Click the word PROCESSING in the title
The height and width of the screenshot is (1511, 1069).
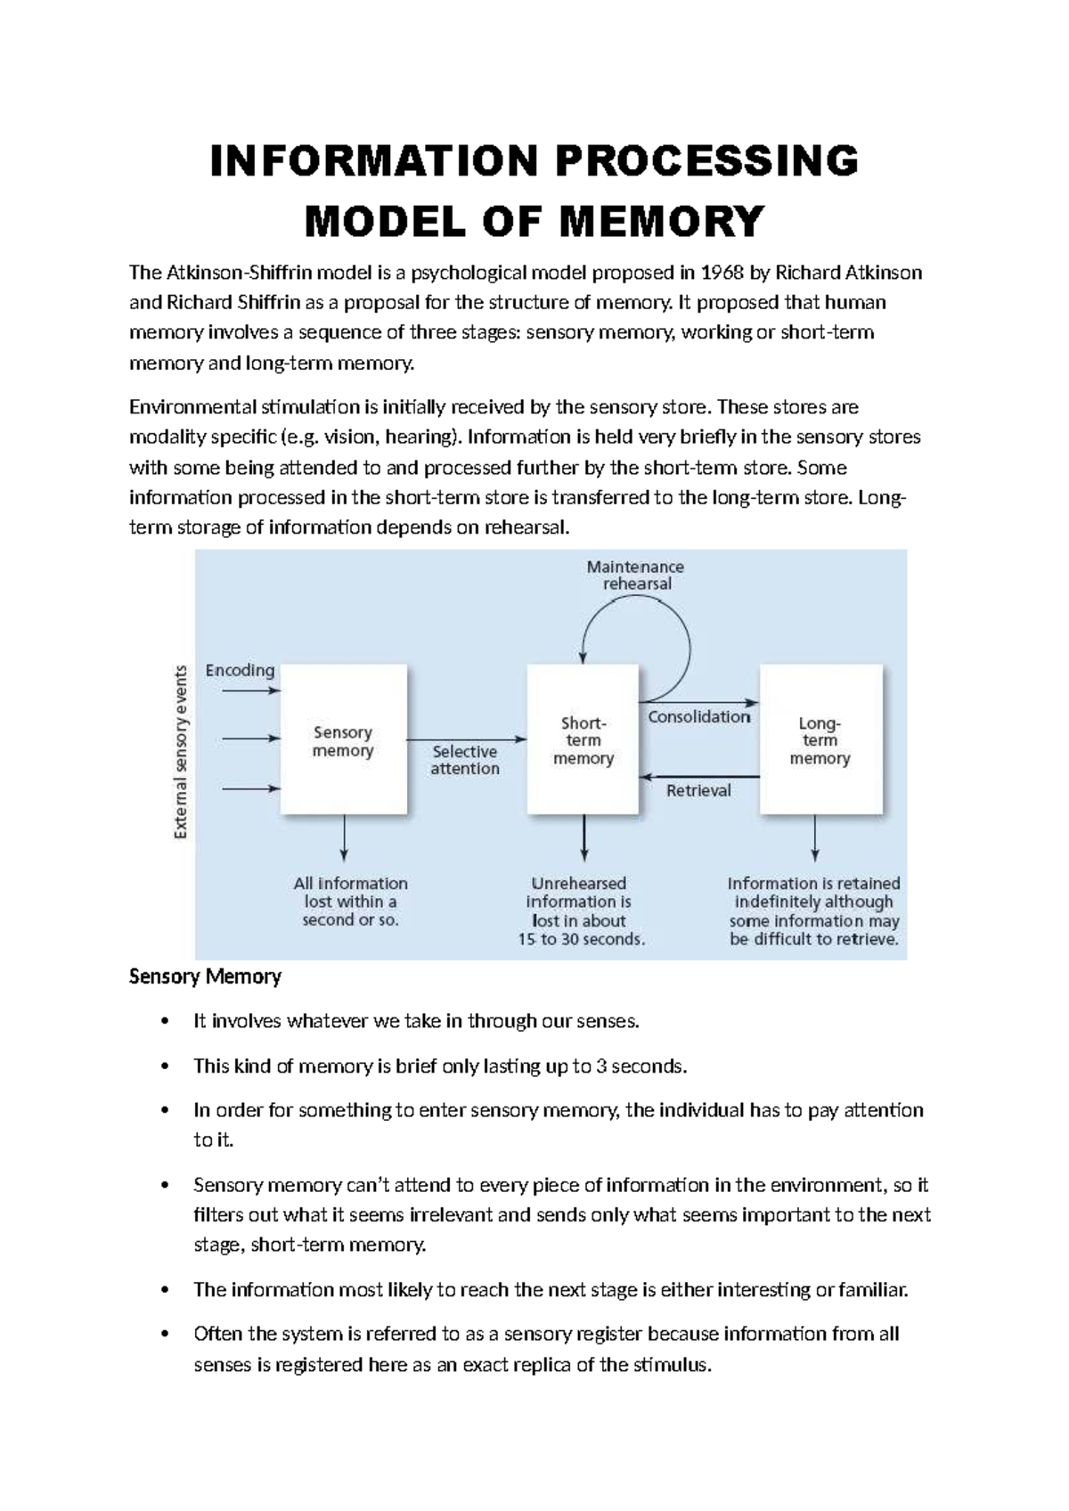click(x=707, y=161)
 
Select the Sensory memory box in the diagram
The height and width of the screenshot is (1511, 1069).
click(x=344, y=739)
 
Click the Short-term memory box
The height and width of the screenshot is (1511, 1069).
click(x=583, y=739)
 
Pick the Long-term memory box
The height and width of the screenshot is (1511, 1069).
click(x=820, y=739)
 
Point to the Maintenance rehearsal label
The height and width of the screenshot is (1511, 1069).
click(x=635, y=576)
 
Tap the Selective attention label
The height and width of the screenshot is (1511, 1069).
click(x=465, y=760)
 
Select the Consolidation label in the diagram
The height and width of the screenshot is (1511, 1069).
click(x=699, y=716)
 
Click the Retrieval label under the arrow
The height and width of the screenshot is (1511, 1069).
click(x=698, y=790)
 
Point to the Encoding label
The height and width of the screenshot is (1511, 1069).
click(x=240, y=670)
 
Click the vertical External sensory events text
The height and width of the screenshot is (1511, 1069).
click(x=181, y=752)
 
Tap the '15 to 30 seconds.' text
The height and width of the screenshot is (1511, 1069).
click(x=582, y=939)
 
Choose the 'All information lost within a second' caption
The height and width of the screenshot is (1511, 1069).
click(x=350, y=902)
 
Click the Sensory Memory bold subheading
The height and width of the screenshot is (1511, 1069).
click(x=205, y=976)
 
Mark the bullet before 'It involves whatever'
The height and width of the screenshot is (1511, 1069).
click(x=163, y=1022)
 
